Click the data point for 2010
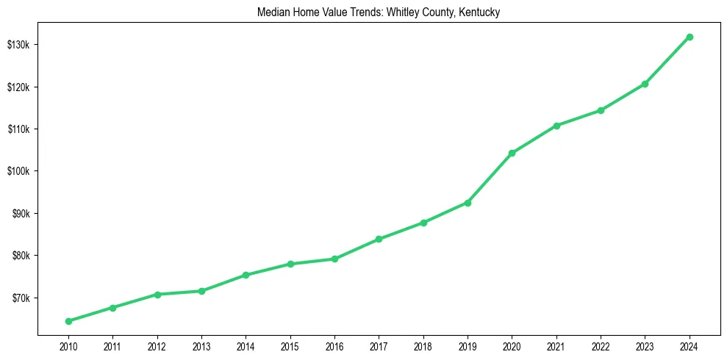[68, 321]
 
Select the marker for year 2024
[690, 37]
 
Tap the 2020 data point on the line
[512, 153]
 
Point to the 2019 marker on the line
[468, 203]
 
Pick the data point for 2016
[334, 259]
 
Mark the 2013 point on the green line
[201, 291]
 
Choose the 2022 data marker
[601, 110]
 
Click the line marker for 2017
[379, 239]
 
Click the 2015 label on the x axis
[290, 345]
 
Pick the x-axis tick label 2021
[556, 345]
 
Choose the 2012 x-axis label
[157, 345]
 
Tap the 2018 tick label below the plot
[423, 345]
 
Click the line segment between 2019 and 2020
[490, 178]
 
